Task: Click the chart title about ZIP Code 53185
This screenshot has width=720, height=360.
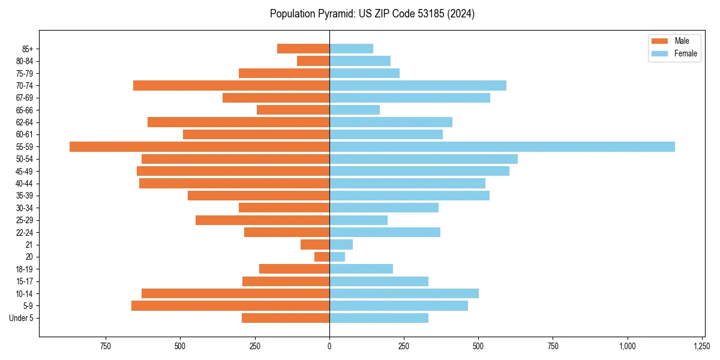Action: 372,14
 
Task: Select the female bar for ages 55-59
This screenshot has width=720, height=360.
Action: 502,146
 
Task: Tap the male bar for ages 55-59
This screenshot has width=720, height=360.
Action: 199,146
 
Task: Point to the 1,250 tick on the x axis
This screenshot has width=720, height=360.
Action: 703,346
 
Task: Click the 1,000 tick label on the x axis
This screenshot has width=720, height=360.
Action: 628,346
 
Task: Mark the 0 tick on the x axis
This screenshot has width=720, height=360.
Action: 329,346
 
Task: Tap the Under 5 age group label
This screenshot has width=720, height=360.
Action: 22,318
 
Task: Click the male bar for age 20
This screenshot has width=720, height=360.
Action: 322,257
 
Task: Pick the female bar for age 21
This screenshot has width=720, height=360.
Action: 341,244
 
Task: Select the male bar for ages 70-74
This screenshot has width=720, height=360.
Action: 231,85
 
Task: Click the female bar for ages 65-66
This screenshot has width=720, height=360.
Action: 355,110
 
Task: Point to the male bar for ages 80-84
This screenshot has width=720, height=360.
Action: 313,61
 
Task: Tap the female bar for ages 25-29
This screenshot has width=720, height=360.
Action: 358,220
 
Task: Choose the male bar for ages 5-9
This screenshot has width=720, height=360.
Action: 230,306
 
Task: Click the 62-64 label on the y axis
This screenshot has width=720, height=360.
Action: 25,122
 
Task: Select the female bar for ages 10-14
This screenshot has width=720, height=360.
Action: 404,293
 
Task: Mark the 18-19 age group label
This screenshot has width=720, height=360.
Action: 25,269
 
